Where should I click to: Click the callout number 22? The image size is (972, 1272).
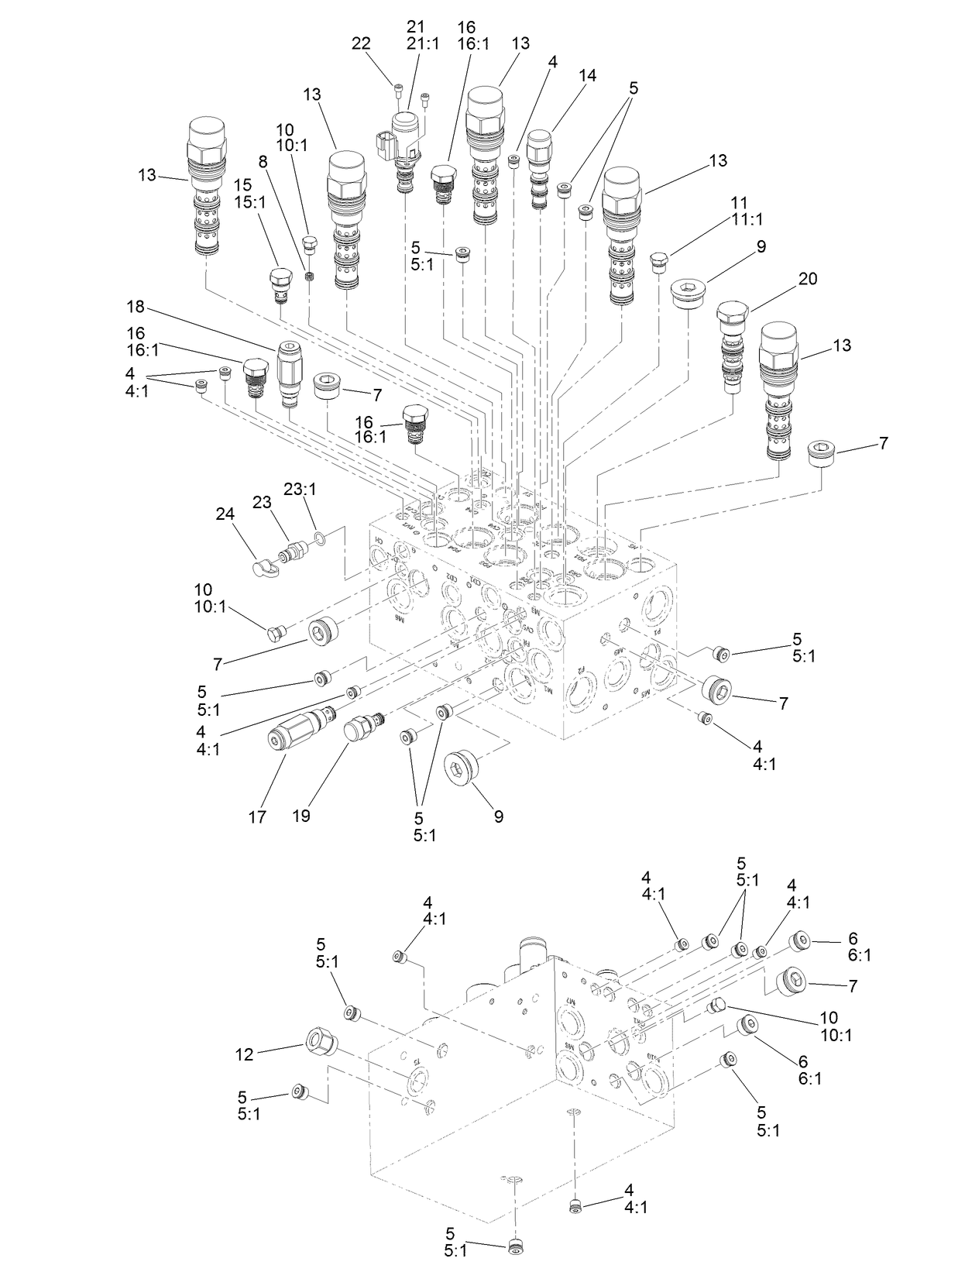point(361,43)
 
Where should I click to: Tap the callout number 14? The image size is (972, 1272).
point(587,75)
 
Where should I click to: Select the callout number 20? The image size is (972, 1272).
point(807,279)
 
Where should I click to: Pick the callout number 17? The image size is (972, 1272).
point(257,816)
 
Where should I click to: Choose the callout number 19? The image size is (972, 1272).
point(301,816)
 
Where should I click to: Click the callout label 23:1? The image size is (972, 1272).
point(300,490)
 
